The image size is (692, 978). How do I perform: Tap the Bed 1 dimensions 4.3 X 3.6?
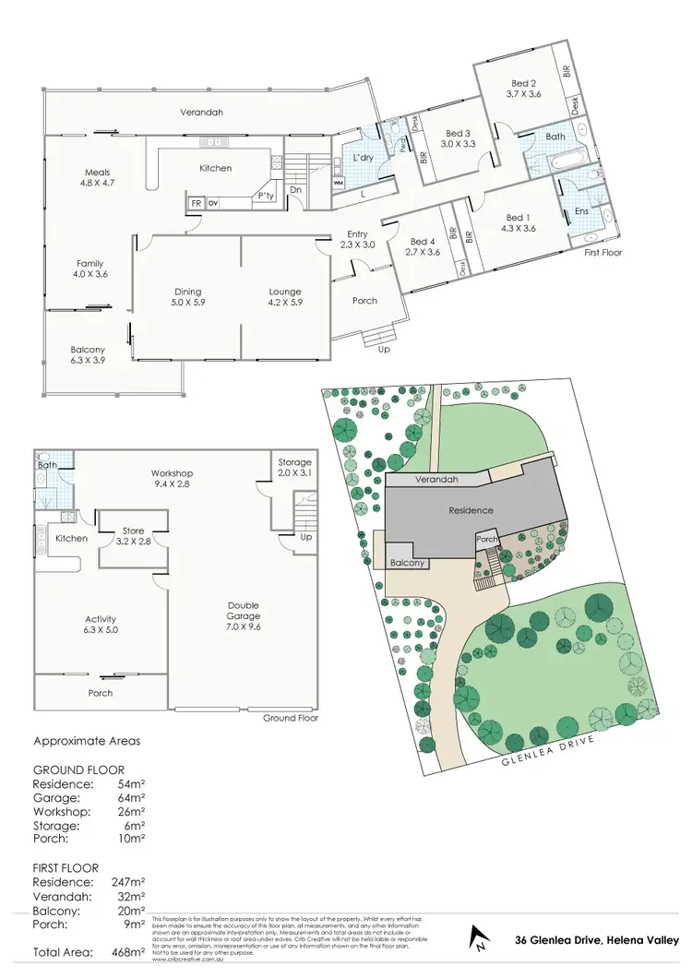click(518, 228)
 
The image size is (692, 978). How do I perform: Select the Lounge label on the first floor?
click(284, 292)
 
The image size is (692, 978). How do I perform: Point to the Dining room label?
click(187, 292)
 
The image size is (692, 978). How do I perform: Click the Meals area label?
click(97, 173)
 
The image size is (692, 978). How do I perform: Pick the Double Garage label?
click(244, 611)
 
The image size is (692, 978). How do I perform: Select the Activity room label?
click(100, 619)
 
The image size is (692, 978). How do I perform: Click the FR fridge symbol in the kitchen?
click(197, 203)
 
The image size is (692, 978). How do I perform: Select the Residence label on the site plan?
click(471, 510)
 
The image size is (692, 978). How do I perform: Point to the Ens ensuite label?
click(581, 211)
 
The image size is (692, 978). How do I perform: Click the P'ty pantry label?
click(268, 196)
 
